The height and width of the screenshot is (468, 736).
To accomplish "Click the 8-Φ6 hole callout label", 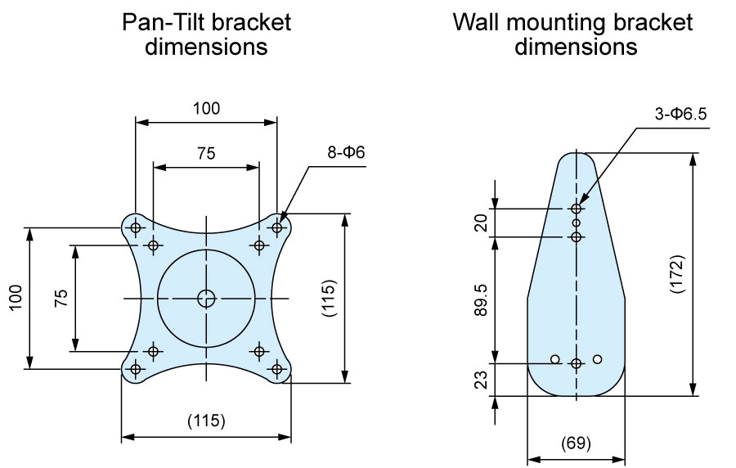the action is pyautogui.click(x=346, y=152).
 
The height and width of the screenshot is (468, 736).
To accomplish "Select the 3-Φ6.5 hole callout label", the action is pyautogui.click(x=680, y=114).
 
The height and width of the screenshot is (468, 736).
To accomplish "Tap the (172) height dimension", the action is pyautogui.click(x=677, y=274).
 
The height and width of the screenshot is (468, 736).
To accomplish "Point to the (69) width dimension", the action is pyautogui.click(x=576, y=443).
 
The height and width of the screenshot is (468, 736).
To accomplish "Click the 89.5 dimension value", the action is pyautogui.click(x=482, y=299).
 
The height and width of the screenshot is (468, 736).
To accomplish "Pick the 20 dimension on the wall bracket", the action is pyautogui.click(x=482, y=223).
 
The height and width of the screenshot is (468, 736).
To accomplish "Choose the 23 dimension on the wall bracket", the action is pyautogui.click(x=482, y=380).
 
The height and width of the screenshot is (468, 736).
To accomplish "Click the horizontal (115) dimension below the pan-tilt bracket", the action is pyautogui.click(x=207, y=421).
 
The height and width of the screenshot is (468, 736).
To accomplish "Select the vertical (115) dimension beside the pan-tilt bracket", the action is pyautogui.click(x=330, y=299).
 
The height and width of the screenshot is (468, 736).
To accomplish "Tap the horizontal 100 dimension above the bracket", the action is pyautogui.click(x=207, y=109).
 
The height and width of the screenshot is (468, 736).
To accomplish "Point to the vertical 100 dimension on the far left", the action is pyautogui.click(x=16, y=297).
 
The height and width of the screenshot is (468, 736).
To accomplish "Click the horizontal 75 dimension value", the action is pyautogui.click(x=207, y=153).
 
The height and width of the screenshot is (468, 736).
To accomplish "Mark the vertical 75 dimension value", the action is pyautogui.click(x=61, y=298).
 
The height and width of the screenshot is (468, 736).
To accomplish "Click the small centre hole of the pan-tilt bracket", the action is pyautogui.click(x=206, y=298).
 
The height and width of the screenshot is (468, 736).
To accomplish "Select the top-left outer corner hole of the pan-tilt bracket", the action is pyautogui.click(x=136, y=228).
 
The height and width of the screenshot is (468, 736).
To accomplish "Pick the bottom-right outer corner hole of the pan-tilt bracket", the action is pyautogui.click(x=277, y=369).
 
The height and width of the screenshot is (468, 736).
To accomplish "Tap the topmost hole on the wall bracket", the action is pyautogui.click(x=577, y=209).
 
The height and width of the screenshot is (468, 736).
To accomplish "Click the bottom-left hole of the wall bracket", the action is pyautogui.click(x=555, y=359).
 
